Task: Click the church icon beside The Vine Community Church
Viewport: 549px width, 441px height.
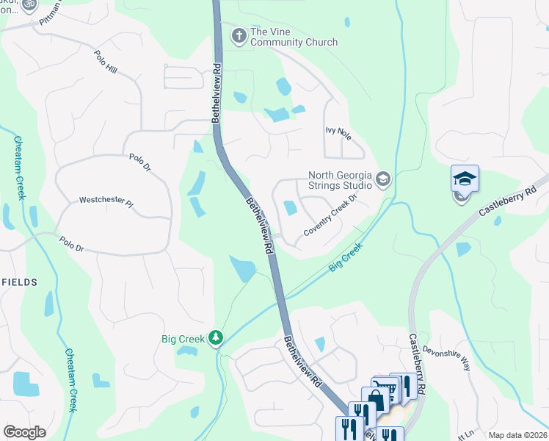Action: (239, 35)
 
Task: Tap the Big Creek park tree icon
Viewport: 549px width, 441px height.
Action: (216, 338)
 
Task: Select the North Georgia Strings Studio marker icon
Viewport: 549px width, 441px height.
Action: (382, 179)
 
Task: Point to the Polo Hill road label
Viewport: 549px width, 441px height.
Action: (106, 63)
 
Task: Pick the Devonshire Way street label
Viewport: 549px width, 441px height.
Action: (449, 354)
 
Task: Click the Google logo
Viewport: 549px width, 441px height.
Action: (24, 432)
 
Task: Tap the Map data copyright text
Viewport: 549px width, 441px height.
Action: (517, 435)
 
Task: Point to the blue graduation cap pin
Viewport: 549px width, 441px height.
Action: (464, 179)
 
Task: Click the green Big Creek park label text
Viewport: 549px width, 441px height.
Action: (183, 339)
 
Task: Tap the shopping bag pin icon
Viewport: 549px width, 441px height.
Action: (375, 399)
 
